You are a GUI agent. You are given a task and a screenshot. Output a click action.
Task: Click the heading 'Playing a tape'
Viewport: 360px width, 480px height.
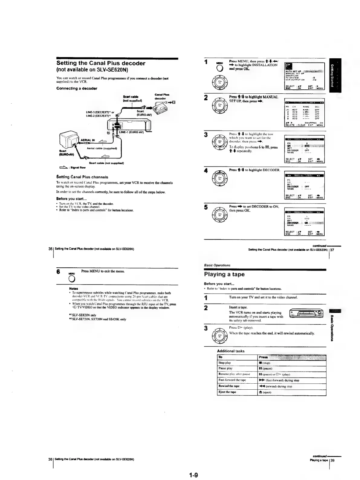(x=224, y=274)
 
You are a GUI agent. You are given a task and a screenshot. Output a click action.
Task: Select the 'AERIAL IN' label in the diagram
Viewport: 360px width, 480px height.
(x=88, y=140)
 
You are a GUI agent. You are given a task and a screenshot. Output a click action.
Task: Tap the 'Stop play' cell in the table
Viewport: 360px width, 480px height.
(x=225, y=362)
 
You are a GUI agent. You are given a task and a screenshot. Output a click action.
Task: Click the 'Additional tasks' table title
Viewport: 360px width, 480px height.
(x=231, y=351)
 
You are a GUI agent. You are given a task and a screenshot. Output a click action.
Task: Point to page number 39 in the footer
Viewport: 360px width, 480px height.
(x=332, y=460)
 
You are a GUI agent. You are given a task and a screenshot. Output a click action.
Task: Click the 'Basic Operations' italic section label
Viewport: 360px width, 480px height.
(x=217, y=265)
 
